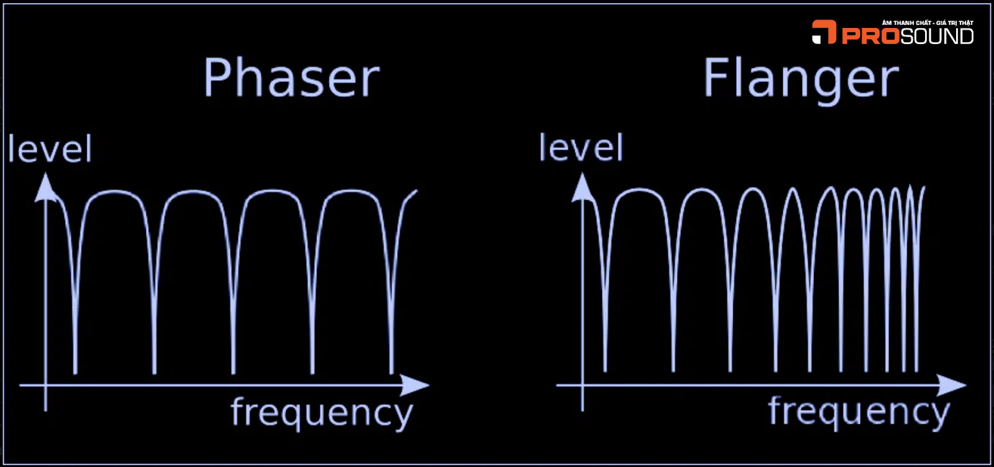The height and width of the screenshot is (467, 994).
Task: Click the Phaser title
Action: [291, 78]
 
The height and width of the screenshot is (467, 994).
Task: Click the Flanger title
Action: [801, 78]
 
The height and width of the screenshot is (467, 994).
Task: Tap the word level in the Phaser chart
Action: [50, 150]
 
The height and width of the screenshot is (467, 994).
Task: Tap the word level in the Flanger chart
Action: [580, 148]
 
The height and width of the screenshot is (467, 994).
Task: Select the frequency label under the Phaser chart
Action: [321, 412]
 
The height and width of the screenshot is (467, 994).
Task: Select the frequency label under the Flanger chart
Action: [859, 411]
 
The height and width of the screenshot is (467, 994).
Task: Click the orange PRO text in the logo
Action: [870, 36]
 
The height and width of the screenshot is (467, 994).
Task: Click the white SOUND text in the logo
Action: [937, 36]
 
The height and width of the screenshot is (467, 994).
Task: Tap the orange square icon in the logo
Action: [824, 32]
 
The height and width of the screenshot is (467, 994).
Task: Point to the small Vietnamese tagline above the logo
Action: [928, 23]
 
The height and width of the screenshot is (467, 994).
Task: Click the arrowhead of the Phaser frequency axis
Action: [414, 385]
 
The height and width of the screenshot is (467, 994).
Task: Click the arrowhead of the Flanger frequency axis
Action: [951, 385]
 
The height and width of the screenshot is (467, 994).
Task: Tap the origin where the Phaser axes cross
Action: [45, 385]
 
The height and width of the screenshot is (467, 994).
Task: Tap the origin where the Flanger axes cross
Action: [582, 385]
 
